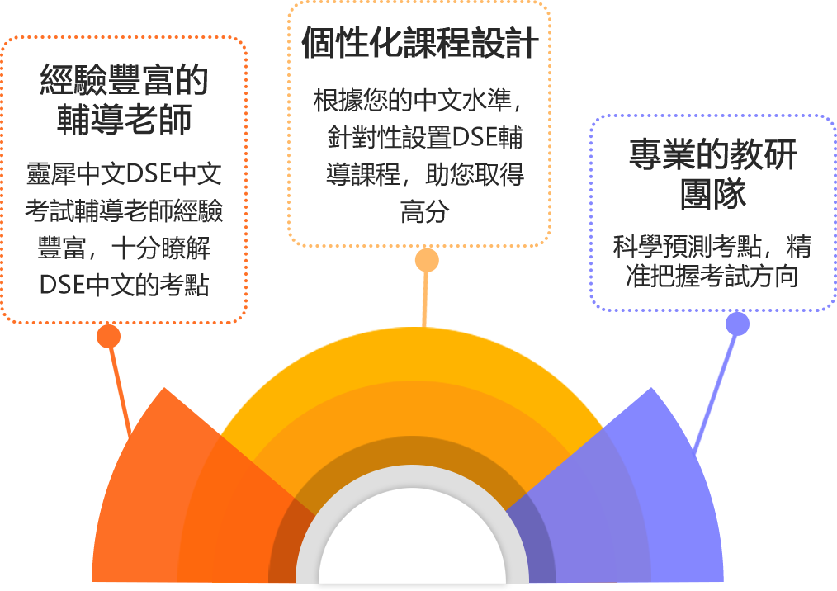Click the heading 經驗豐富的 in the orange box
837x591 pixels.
[x=124, y=82]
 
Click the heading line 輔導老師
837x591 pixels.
[x=124, y=119]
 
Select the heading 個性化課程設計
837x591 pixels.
[x=419, y=42]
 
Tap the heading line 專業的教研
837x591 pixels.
[x=713, y=154]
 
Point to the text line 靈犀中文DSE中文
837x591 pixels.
[x=124, y=175]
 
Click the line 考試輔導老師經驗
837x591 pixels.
[x=124, y=210]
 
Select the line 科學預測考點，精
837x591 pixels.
[x=712, y=246]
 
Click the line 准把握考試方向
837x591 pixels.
[x=712, y=276]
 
